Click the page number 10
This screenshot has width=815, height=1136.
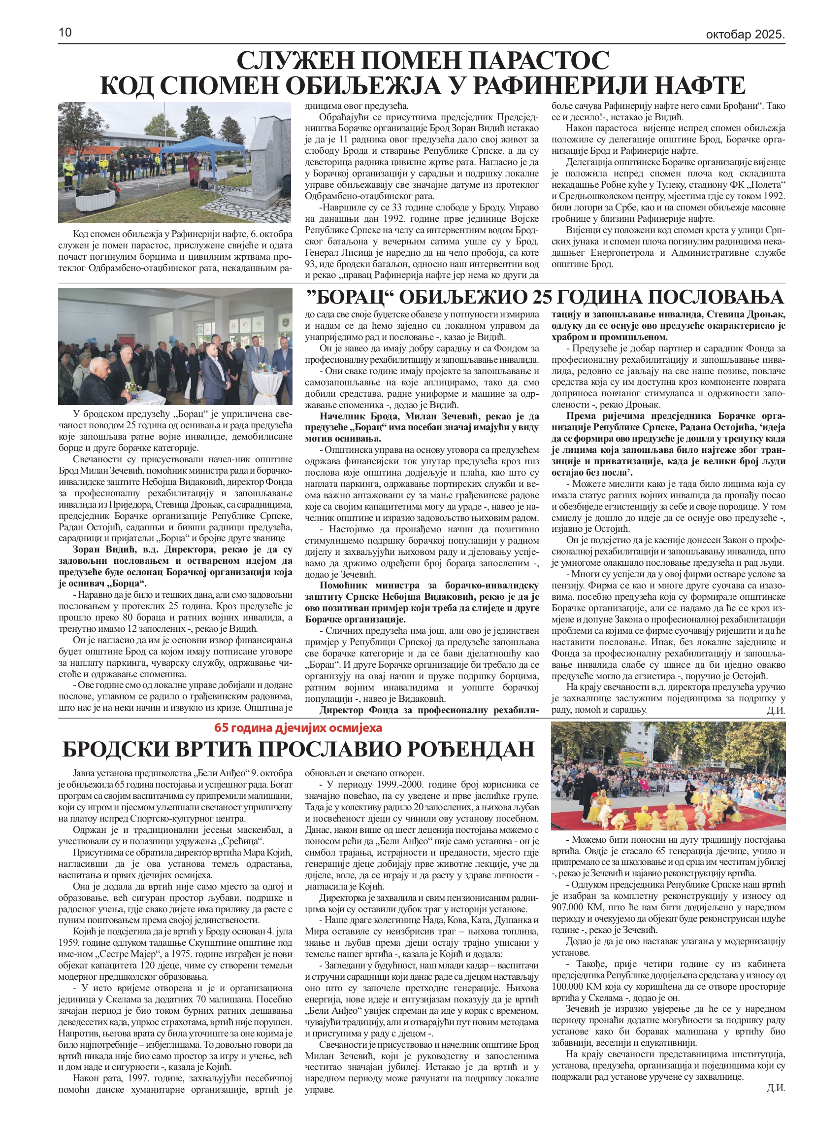[x=65, y=33]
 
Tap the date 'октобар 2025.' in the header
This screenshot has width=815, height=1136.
[x=745, y=34]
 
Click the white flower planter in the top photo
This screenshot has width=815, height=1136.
[x=95, y=199]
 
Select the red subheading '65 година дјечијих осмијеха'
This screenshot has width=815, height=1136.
[x=298, y=727]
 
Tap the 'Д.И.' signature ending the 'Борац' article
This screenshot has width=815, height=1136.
[x=776, y=710]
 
